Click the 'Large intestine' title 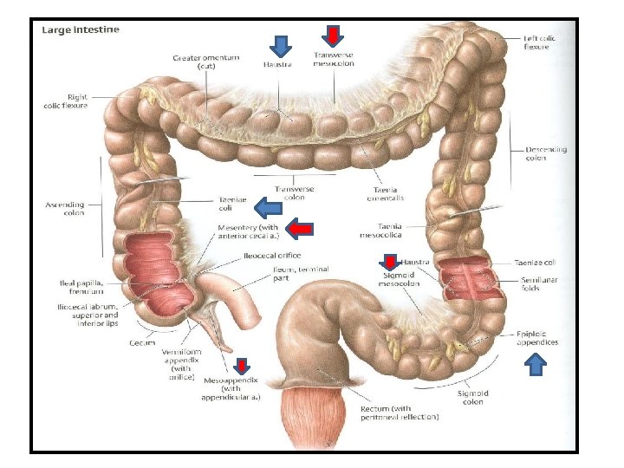(81, 29)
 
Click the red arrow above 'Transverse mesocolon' (332, 36)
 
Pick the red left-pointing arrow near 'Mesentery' (299, 229)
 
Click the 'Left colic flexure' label (542, 43)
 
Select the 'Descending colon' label (546, 153)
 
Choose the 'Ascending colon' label (64, 209)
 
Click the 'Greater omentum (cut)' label (206, 62)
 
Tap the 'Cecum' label (143, 343)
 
